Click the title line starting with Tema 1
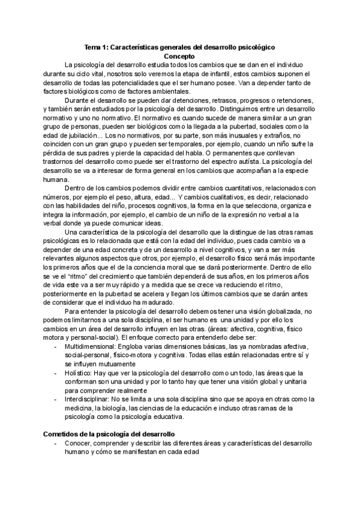[x=179, y=46]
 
